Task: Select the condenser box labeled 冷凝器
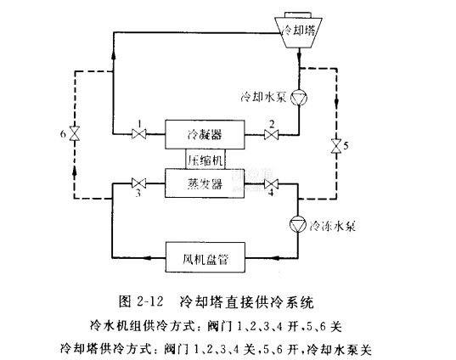205,135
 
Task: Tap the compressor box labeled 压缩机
205,160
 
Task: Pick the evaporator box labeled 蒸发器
205,183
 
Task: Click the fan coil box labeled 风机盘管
205,257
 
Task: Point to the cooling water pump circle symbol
299,98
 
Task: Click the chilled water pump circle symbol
298,224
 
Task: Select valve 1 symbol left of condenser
139,134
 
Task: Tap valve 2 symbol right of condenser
272,135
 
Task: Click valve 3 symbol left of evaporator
138,183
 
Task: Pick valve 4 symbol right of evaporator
271,183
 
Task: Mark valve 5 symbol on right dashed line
336,146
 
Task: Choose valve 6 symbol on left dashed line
75,133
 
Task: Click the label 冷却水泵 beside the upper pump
264,97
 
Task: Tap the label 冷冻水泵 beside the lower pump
332,226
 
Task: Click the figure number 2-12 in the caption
149,301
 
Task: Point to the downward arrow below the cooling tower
299,55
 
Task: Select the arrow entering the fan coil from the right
279,257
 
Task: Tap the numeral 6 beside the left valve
63,134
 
